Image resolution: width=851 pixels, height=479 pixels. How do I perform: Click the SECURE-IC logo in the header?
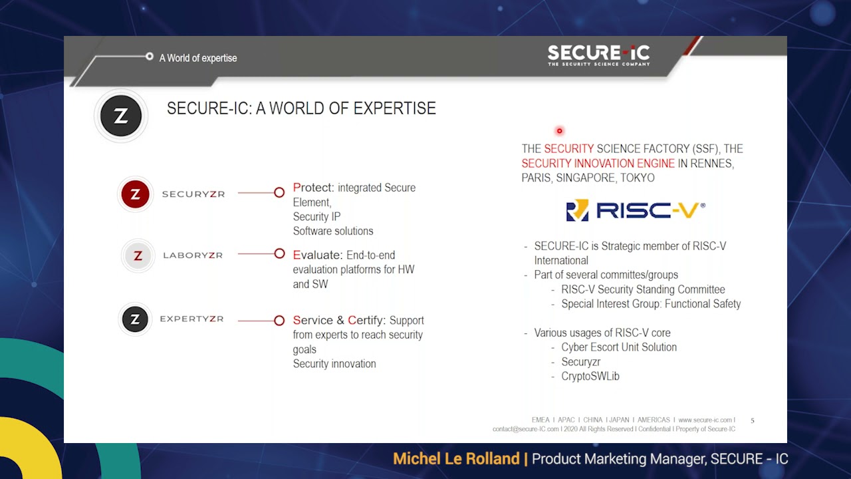coord(598,55)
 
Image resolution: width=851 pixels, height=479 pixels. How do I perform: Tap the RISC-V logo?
coord(635,210)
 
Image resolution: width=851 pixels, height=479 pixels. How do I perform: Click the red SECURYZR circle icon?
coord(136,194)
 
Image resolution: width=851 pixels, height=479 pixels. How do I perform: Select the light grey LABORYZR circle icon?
coord(138,255)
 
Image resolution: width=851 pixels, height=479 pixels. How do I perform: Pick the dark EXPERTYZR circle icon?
coord(135,319)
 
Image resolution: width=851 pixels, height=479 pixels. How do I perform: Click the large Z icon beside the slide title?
coord(121,116)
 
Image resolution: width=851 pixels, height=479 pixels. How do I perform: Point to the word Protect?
coord(313,188)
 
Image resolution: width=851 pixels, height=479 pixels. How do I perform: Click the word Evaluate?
coord(318,255)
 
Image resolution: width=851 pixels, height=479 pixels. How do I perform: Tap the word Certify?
coord(366,320)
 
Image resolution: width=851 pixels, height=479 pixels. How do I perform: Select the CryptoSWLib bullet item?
coord(590,376)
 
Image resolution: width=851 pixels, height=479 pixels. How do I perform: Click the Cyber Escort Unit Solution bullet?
coord(618,347)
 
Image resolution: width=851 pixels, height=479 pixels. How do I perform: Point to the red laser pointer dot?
coord(559,131)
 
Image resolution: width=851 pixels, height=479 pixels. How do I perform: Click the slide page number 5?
coord(752,420)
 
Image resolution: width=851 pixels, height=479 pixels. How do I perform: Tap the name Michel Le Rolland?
coord(455,458)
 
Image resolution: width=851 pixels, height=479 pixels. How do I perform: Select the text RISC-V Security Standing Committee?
coord(643,289)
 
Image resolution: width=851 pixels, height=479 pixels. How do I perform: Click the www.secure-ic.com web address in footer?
coord(705,420)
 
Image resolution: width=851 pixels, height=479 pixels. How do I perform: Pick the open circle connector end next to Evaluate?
coord(279,253)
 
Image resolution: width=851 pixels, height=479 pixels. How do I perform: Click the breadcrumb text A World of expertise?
coord(198,58)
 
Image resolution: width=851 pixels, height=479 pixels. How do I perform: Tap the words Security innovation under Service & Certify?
coord(334,363)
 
